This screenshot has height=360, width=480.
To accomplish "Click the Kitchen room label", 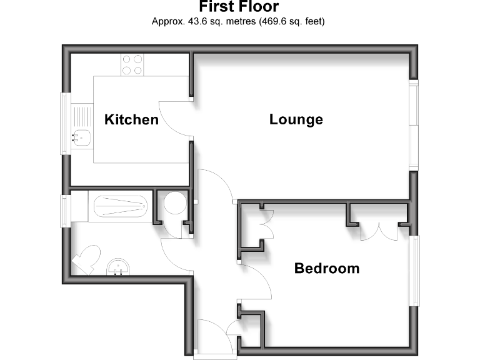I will (x=131, y=119).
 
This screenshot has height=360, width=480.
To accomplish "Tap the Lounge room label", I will (x=296, y=119).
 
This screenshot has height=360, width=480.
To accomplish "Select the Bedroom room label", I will (x=327, y=269).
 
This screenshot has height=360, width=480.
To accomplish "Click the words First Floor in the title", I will (x=239, y=7).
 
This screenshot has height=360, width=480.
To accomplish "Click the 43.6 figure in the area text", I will (x=192, y=21).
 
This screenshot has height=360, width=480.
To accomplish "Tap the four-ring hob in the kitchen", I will (x=132, y=65).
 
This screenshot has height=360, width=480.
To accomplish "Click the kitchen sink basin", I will (x=81, y=134).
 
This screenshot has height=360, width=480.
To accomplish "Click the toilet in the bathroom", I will (x=86, y=258).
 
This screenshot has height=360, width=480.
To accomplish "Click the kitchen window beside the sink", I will (x=64, y=123).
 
